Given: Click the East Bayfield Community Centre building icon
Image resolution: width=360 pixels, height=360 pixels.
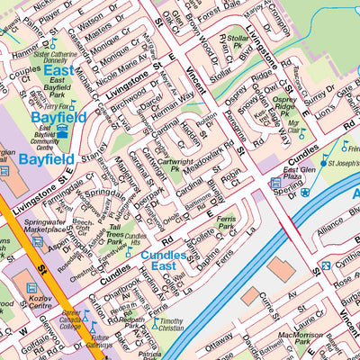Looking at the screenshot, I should click(x=62, y=131).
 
